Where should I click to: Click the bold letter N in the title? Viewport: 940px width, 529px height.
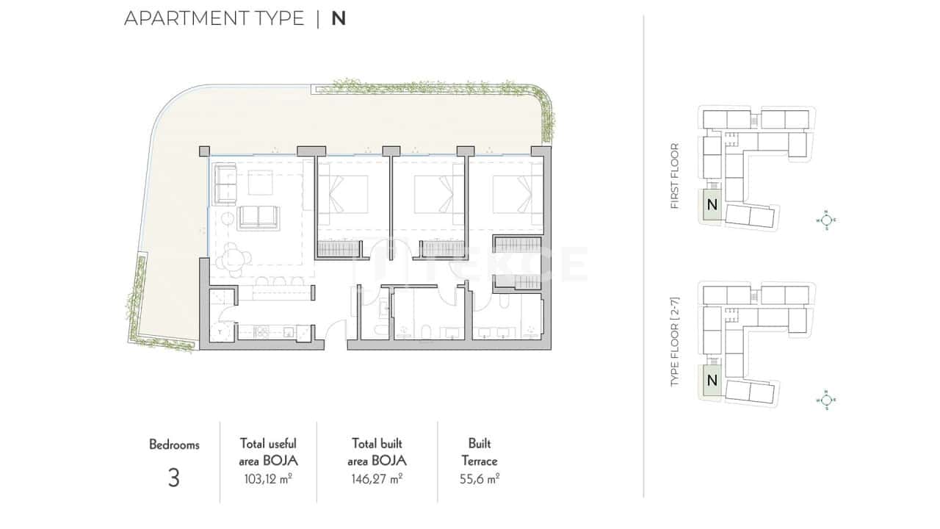(x=338, y=18)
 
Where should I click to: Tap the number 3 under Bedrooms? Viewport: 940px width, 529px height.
(x=173, y=478)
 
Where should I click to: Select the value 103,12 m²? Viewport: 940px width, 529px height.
(x=268, y=479)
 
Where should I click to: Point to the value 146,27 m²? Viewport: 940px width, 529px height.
(x=377, y=479)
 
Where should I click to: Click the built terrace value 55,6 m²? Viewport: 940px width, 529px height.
(x=480, y=479)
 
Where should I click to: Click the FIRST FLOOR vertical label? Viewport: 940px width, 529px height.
(x=675, y=176)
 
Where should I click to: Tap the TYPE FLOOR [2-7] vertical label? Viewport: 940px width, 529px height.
(x=675, y=342)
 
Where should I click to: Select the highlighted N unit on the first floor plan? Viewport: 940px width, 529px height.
(x=711, y=205)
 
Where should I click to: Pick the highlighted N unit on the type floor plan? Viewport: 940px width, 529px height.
(x=711, y=381)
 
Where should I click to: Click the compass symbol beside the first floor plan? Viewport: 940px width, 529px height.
(x=825, y=219)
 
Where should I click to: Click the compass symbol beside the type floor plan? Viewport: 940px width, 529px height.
(x=825, y=400)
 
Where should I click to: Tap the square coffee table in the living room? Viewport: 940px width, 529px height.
(x=259, y=181)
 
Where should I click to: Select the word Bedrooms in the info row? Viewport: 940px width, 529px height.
(x=174, y=445)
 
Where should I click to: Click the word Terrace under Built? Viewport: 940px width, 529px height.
(x=480, y=461)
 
